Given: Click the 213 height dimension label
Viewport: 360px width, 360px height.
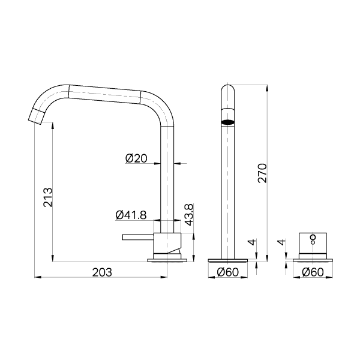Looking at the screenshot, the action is (48, 197).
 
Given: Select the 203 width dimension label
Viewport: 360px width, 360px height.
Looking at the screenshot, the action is (102, 272).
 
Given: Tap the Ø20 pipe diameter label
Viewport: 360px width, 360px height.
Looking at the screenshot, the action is (136, 158).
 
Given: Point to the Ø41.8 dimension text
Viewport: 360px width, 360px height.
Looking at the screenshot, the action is (131, 215).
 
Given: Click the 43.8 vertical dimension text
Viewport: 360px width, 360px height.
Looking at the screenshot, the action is (189, 215).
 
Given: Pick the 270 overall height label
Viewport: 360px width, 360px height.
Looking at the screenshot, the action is (262, 173).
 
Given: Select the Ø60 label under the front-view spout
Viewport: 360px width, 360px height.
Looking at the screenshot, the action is (228, 272).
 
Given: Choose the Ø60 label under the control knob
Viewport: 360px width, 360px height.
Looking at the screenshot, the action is (313, 272).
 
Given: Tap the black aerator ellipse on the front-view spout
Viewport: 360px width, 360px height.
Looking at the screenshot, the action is (228, 122).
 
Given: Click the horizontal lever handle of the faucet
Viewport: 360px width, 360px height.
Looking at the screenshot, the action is (138, 237).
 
